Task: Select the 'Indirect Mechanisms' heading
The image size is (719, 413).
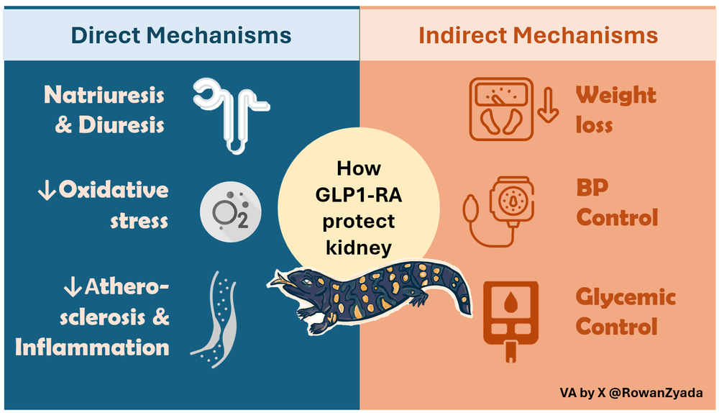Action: [538, 35]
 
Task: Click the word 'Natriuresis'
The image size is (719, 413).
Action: [104, 95]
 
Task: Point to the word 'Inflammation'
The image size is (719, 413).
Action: [92, 348]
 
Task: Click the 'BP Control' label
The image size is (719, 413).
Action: [617, 203]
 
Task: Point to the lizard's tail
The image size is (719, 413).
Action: [460, 288]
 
